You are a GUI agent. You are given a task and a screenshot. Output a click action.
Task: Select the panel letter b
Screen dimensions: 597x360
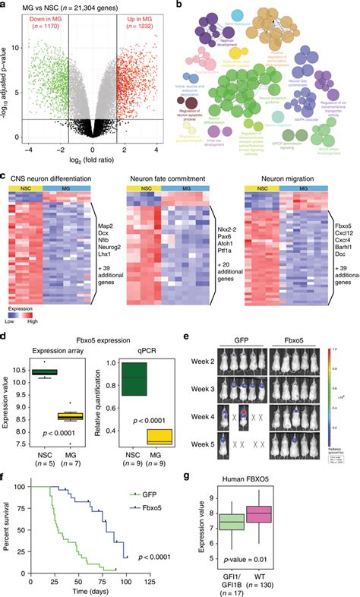coord(180,5)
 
